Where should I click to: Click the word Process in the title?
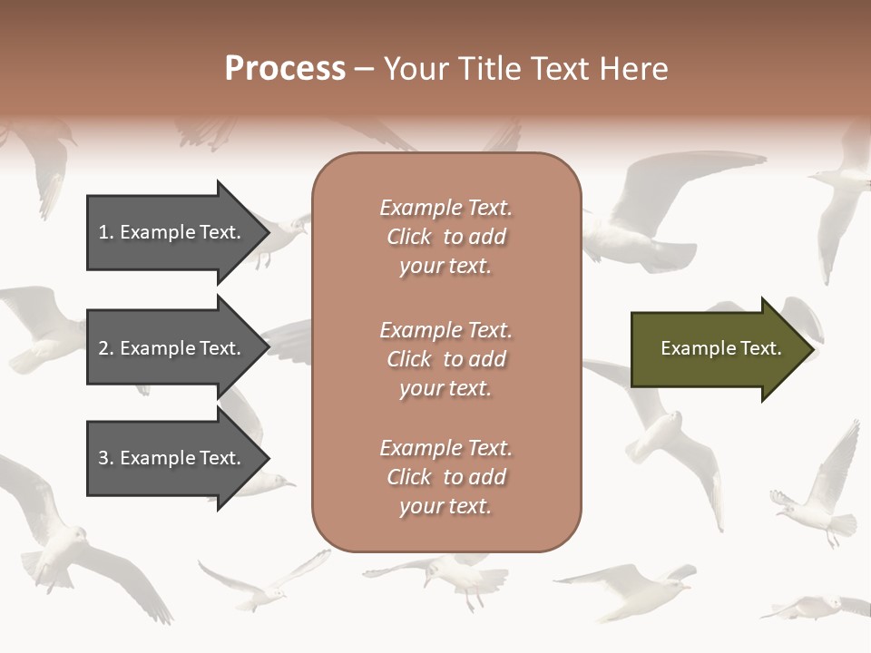285,69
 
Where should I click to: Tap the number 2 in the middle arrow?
104,348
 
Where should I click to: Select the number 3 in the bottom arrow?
104,458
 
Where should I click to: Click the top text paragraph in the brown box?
445,237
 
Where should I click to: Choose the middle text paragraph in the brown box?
445,359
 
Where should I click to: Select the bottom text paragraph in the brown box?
445,477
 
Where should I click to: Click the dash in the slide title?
365,69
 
